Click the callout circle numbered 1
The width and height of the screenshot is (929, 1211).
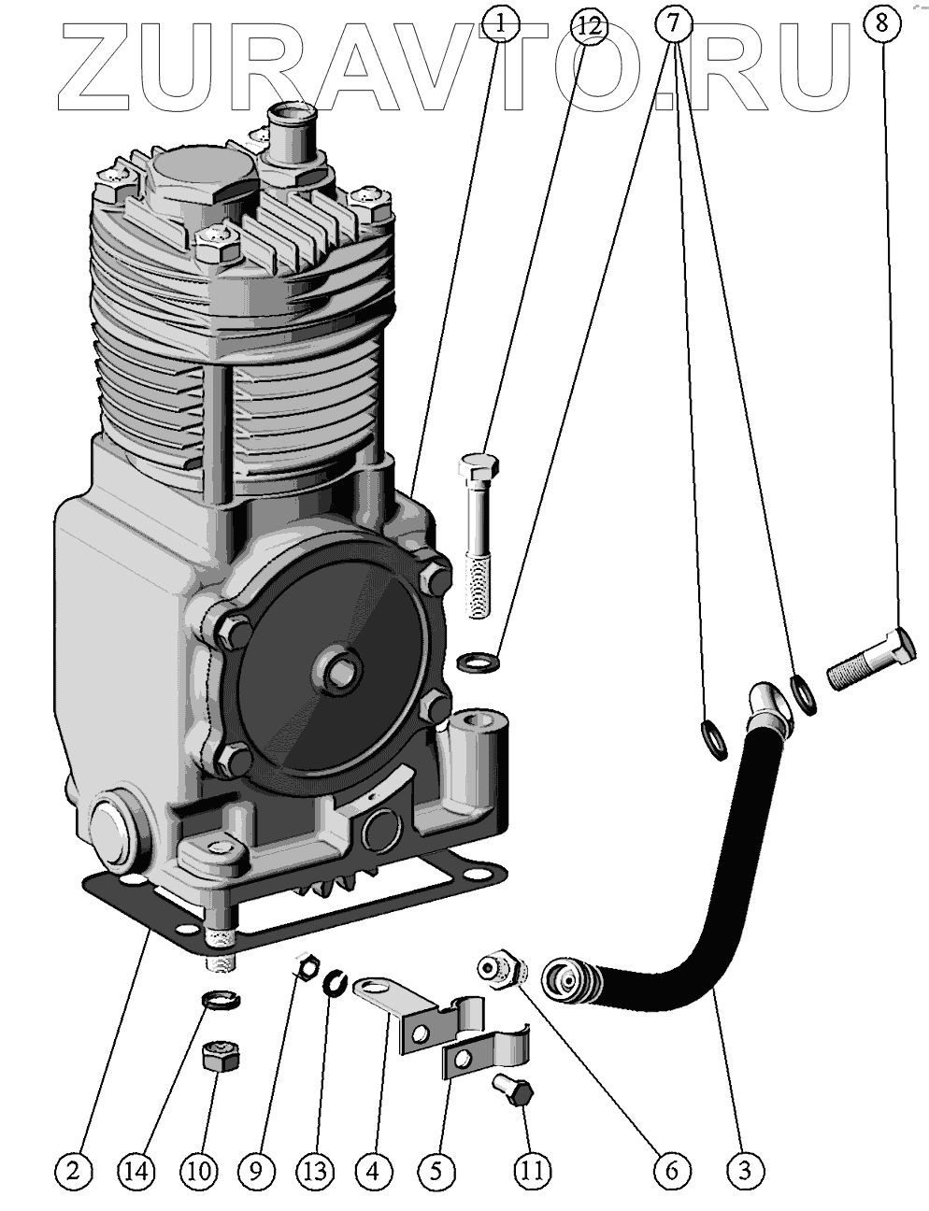click(x=501, y=23)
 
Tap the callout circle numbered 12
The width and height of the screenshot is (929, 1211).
click(x=585, y=23)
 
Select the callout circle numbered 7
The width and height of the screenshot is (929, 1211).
click(x=676, y=23)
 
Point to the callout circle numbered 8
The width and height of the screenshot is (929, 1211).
click(x=881, y=23)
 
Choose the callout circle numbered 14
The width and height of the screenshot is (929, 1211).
click(x=137, y=1169)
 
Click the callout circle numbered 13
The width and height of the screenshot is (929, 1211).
click(x=315, y=1169)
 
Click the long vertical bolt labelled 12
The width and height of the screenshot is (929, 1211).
click(x=476, y=533)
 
